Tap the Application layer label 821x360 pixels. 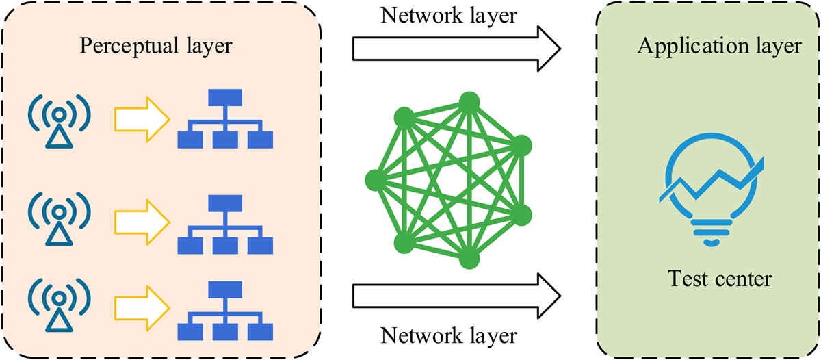pyautogui.click(x=719, y=47)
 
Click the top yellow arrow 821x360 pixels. pyautogui.click(x=141, y=121)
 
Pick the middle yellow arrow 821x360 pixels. pyautogui.click(x=141, y=220)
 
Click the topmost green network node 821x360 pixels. pyautogui.click(x=468, y=101)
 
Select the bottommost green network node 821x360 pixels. pyautogui.click(x=468, y=261)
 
